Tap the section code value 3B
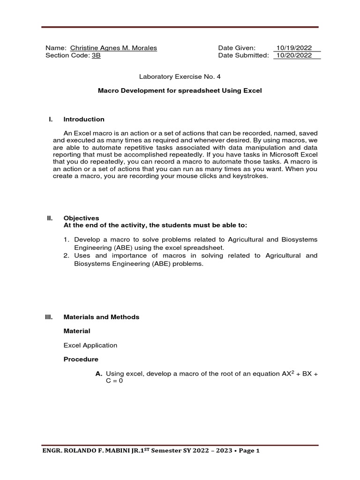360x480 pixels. [x=96, y=55]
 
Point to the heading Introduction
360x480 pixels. [x=84, y=119]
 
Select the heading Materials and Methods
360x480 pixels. [x=101, y=317]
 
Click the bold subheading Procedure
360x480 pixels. [x=81, y=359]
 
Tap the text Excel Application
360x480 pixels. [x=90, y=345]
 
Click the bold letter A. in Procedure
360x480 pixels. [x=98, y=373]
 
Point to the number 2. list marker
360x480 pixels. [x=67, y=255]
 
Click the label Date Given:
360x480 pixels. [x=237, y=48]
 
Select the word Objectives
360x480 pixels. [x=81, y=218]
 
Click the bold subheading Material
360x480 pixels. [x=77, y=331]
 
